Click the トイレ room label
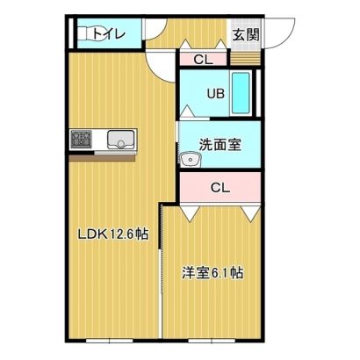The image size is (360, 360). coord(109,34)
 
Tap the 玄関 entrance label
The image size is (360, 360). coord(246,35)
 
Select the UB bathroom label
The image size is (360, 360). coord(216,94)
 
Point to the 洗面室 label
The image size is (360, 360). coord(220,145)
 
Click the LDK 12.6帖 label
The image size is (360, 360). coord(112,234)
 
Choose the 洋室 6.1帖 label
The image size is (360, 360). coord(212,272)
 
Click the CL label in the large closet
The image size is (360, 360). coord(220,188)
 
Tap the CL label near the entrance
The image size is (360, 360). coord(203,60)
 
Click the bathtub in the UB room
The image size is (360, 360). coord(241,93)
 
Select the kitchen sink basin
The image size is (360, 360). coord(120,140)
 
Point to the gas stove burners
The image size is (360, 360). coord(82,140)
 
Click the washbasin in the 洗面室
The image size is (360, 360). coord(191,160)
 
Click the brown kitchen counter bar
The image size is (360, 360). coord(102,158)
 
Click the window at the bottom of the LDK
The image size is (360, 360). coord(110,341)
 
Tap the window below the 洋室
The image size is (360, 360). coord(212,341)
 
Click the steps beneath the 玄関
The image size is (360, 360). coord(245,58)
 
